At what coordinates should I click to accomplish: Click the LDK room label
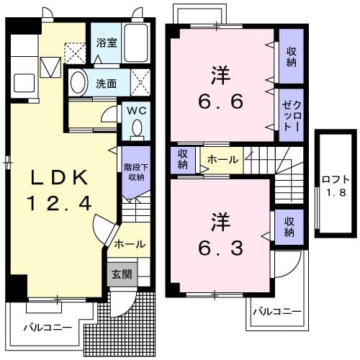(x=59, y=177)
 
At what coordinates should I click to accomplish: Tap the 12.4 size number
(x=59, y=204)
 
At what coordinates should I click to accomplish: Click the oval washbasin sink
(x=78, y=83)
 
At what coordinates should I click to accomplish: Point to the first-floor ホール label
(x=130, y=244)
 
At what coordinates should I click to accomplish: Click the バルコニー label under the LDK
(x=47, y=327)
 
